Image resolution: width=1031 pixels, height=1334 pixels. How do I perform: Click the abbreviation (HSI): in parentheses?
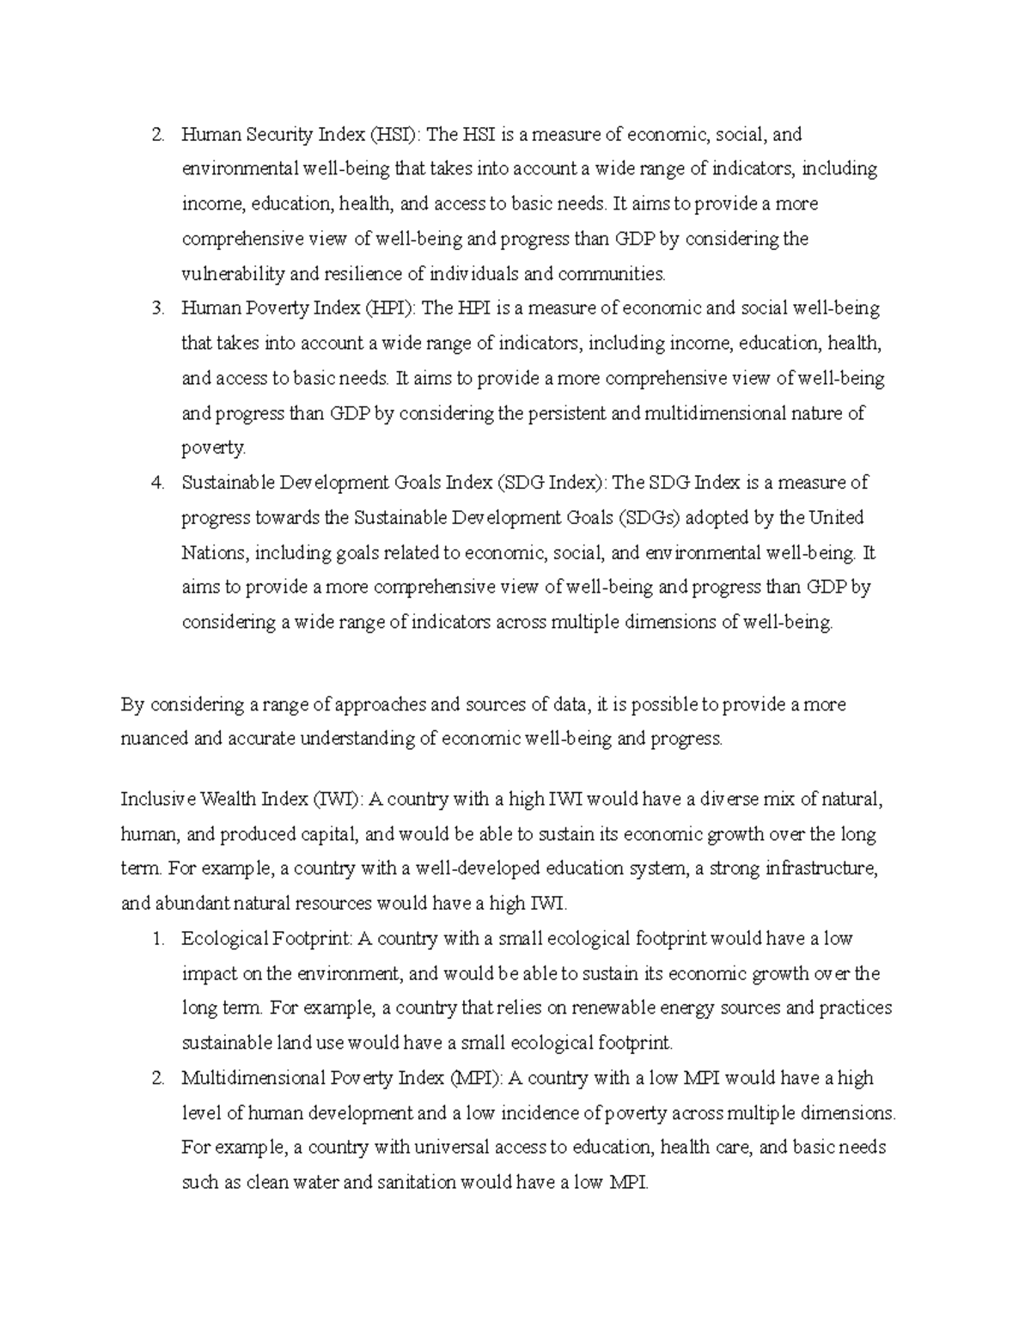[395, 135]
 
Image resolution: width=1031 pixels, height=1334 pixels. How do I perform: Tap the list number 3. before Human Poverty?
[157, 308]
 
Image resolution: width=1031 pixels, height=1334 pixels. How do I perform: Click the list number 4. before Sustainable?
[157, 483]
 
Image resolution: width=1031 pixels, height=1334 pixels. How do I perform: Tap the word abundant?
[191, 904]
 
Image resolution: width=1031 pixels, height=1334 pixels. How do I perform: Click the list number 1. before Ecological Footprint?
[157, 939]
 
